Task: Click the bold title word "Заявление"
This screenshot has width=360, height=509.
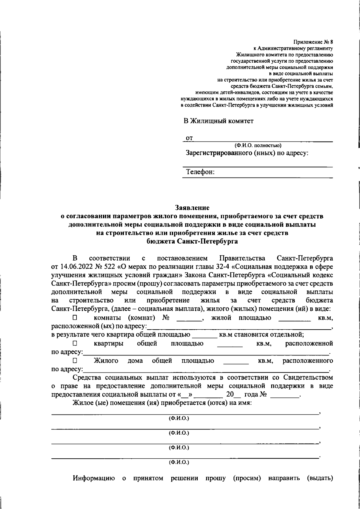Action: (x=192, y=208)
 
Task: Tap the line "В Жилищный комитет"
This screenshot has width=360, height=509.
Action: (x=218, y=121)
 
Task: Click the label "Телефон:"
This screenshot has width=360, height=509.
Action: (x=200, y=172)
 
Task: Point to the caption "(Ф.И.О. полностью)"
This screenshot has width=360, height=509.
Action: (x=258, y=145)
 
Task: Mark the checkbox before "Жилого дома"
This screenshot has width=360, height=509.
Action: (x=75, y=360)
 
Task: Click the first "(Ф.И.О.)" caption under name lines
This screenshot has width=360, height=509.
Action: (x=179, y=418)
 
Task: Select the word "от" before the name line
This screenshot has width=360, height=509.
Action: (x=189, y=138)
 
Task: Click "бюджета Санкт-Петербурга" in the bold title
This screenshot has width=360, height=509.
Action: (x=192, y=241)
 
